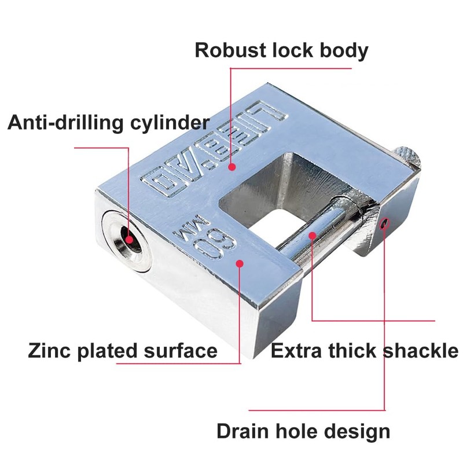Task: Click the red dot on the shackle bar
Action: click(313, 236)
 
